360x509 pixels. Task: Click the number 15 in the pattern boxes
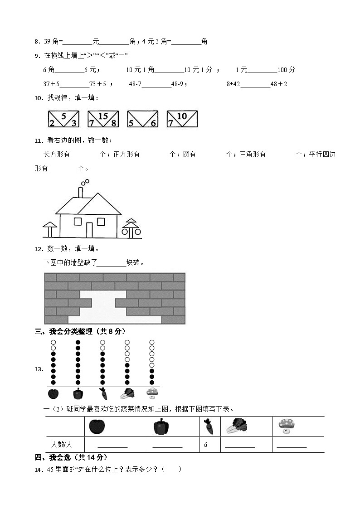point(103,116)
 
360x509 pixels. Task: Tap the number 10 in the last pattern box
point(182,116)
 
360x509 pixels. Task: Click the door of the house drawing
point(90,229)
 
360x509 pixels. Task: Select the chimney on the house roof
point(80,192)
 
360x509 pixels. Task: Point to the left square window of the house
point(78,221)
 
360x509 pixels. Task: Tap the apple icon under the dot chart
point(53,393)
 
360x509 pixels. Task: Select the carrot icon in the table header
point(209,427)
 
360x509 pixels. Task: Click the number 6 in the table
point(205,445)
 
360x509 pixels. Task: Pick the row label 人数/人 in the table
point(59,445)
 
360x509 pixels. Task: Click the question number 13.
point(39,369)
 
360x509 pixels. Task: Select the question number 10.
point(39,98)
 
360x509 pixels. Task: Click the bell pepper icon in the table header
point(161,427)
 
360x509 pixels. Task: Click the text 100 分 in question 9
point(286,70)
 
